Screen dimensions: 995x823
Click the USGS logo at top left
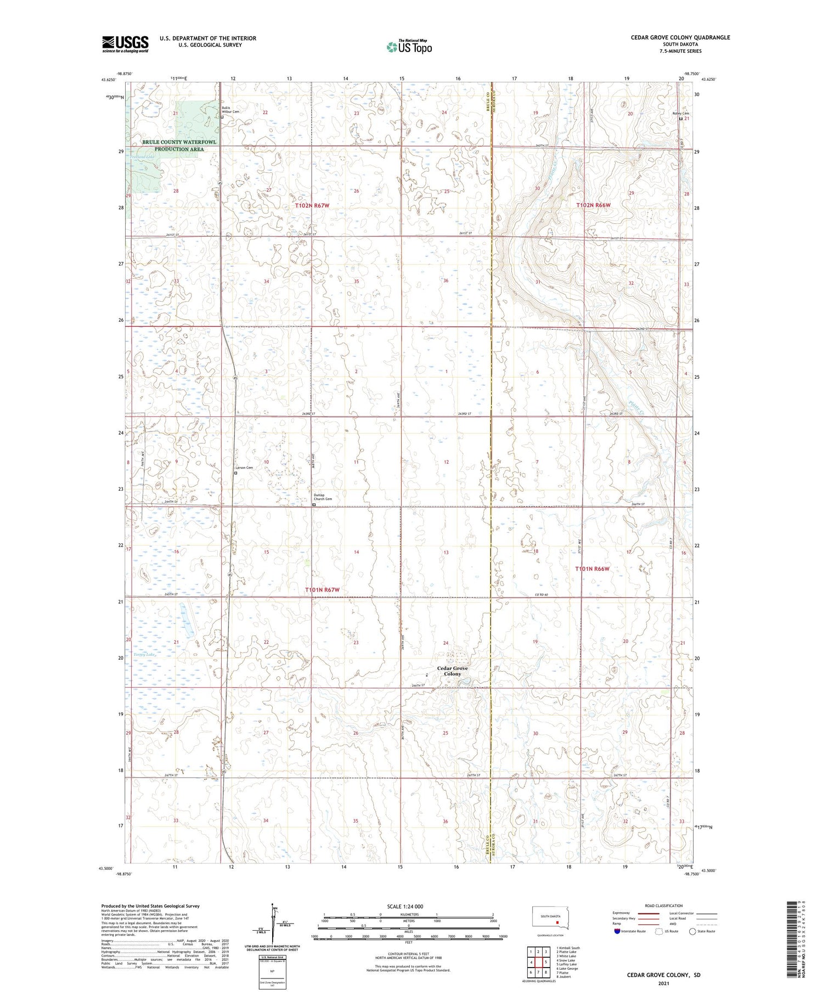(x=125, y=44)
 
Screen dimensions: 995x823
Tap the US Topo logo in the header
(x=409, y=47)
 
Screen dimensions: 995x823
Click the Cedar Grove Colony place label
(x=453, y=671)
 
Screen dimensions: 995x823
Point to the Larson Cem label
(x=245, y=468)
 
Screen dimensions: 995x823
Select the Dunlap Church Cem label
(x=323, y=497)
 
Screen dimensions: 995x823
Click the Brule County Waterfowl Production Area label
(x=179, y=145)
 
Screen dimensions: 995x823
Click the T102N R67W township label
(x=313, y=205)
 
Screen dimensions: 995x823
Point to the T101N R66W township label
(x=592, y=569)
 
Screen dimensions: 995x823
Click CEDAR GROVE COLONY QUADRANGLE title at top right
(x=681, y=37)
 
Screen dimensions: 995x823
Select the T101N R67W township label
(x=322, y=589)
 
